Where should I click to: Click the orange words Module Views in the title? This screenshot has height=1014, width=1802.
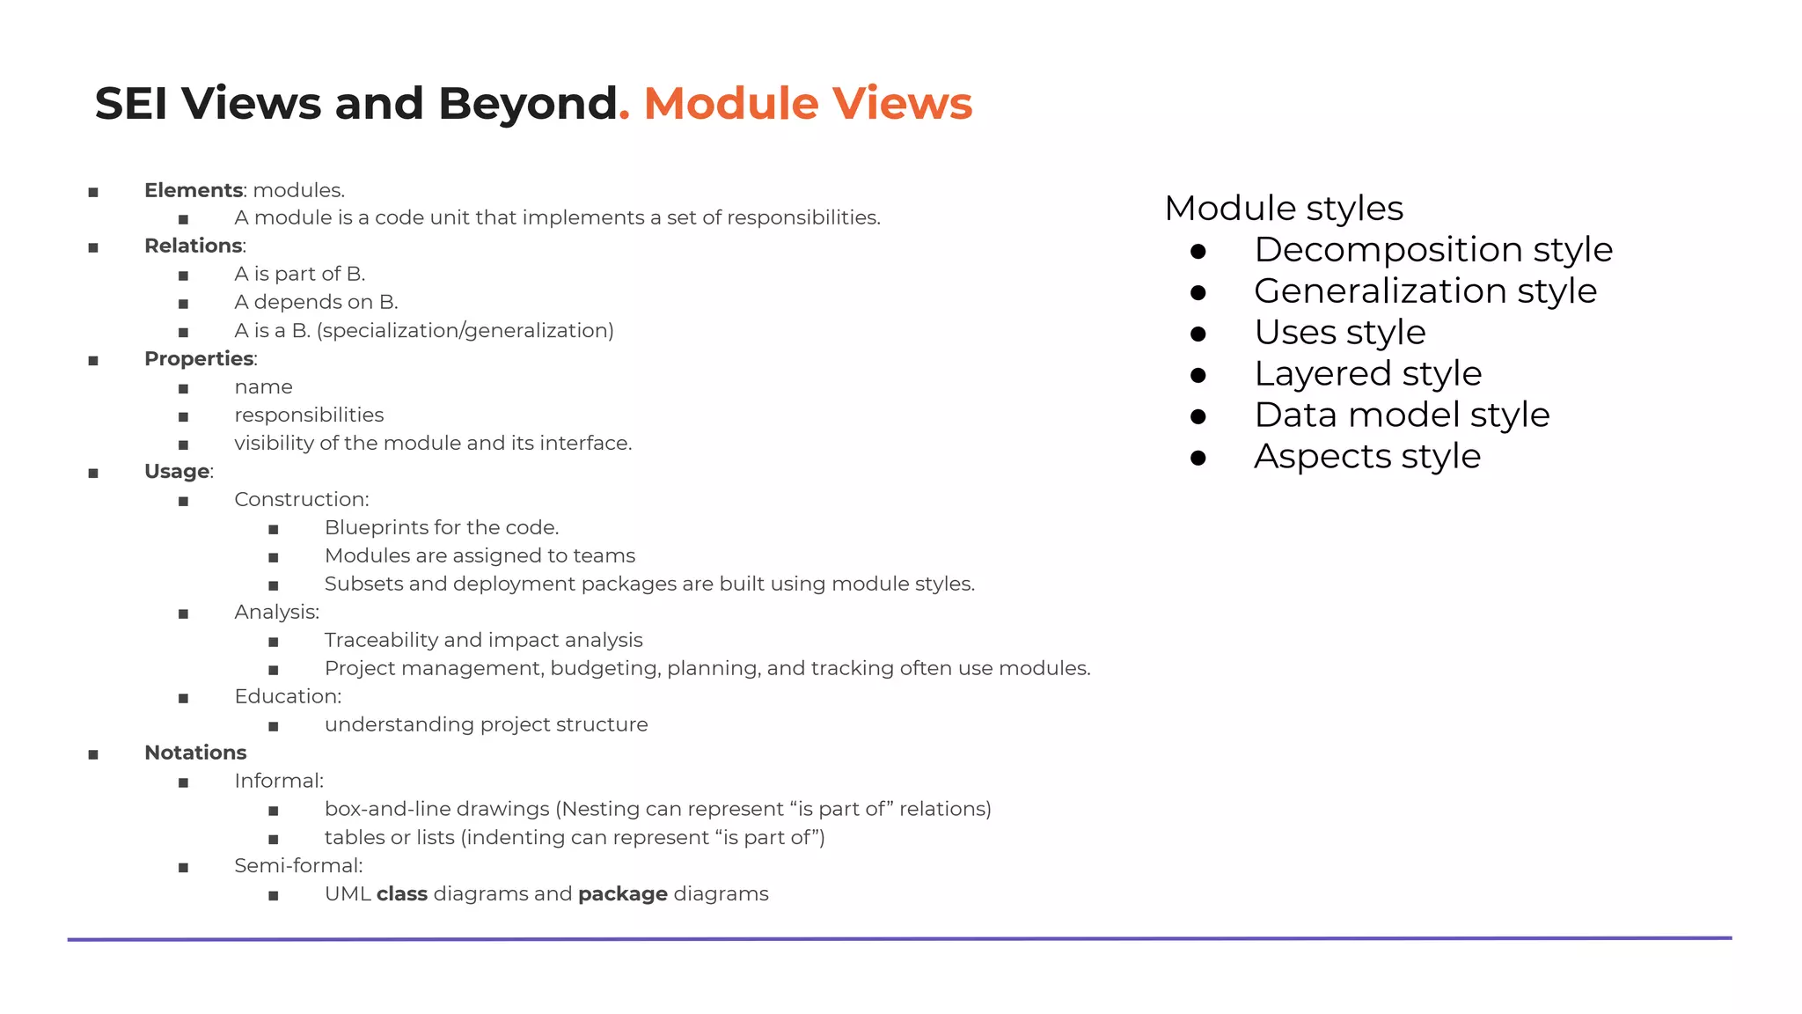coord(808,104)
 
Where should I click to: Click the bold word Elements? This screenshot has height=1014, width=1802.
coord(193,190)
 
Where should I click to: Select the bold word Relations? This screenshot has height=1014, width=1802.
coord(193,246)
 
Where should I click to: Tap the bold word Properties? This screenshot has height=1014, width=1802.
coord(199,358)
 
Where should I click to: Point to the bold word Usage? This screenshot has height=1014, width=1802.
coord(177,471)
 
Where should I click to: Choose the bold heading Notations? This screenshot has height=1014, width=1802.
coord(195,753)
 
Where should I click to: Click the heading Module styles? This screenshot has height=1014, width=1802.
coord(1283,209)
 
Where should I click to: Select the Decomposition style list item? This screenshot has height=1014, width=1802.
coord(1432,250)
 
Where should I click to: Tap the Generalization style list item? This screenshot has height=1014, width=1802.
coord(1425,291)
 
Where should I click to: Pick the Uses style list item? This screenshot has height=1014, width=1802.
coord(1339,333)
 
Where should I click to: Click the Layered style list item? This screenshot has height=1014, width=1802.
coord(1367,374)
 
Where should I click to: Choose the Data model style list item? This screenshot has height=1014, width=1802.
coord(1401,415)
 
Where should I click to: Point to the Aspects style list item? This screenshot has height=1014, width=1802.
coord(1366,457)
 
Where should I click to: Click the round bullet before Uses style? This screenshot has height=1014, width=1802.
coord(1198,334)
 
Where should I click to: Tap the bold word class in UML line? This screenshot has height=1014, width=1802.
coord(402,894)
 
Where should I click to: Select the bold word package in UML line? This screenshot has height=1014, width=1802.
coord(622,894)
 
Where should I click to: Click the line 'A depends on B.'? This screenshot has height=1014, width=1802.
coord(316,302)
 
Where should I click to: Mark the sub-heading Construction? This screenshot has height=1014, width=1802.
coord(301,499)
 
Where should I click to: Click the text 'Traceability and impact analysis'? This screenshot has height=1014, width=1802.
coord(483,640)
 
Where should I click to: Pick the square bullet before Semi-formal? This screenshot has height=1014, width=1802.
coord(183,867)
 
